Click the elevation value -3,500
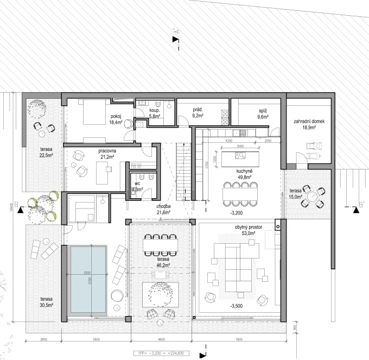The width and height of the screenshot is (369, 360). pyautogui.click(x=237, y=307)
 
